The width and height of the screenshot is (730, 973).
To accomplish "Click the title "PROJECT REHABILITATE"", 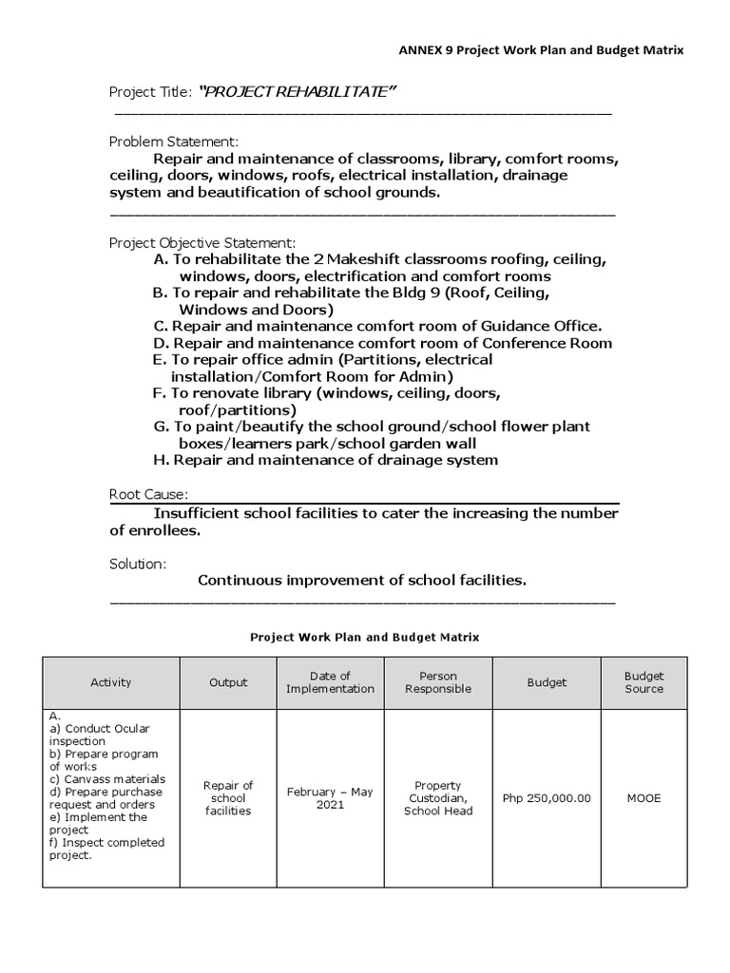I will [296, 90].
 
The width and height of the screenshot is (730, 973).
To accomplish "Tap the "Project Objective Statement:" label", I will [202, 242].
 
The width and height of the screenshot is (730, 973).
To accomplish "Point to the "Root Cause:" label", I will [148, 494].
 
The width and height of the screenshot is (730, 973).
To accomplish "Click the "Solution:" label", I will [138, 563].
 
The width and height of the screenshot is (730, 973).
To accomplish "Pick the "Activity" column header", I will [111, 682].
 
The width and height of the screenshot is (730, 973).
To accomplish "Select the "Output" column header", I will [228, 682].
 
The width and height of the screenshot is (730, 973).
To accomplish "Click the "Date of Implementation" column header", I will [330, 682].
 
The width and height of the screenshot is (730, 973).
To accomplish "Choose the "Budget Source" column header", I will [644, 682].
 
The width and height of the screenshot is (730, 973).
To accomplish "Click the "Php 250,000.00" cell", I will [547, 798].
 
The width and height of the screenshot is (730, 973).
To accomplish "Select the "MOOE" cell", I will [644, 798].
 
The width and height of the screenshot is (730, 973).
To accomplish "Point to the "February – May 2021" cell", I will [330, 798].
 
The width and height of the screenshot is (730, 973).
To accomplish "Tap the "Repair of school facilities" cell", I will [228, 798].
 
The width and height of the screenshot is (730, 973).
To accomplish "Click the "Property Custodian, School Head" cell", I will [438, 798].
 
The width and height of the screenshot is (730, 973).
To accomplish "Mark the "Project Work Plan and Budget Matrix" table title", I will [365, 637].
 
